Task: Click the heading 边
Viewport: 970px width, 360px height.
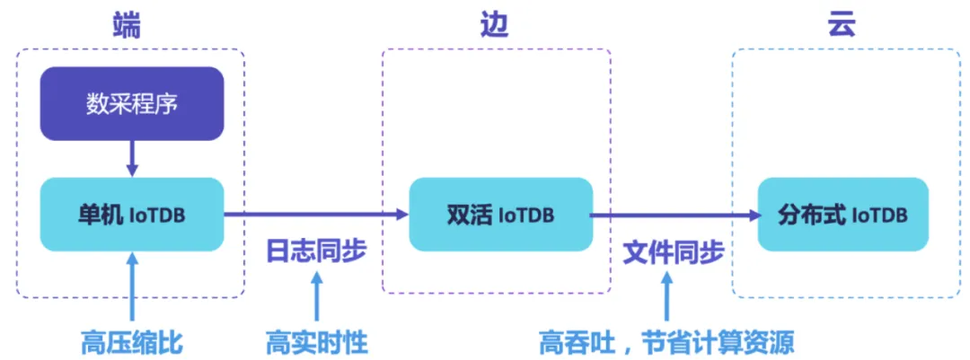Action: [x=495, y=25]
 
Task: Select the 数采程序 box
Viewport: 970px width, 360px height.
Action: [x=132, y=103]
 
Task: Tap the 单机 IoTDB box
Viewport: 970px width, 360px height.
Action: [x=132, y=215]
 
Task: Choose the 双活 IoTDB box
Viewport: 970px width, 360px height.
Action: [x=500, y=215]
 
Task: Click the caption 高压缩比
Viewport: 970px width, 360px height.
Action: [x=132, y=342]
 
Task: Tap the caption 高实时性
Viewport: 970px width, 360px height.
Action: [x=316, y=342]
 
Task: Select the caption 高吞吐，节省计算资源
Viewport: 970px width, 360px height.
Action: [x=666, y=342]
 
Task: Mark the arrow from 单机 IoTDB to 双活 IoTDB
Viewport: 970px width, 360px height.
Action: [x=314, y=215]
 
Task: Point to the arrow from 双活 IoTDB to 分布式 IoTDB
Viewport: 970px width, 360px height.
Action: [x=674, y=215]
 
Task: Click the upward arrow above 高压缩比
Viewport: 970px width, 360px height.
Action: [x=132, y=287]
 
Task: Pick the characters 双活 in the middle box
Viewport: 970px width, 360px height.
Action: [x=467, y=215]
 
